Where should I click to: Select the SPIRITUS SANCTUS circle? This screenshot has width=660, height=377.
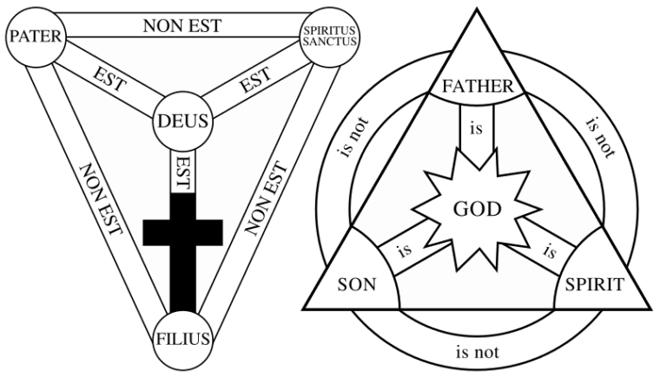[331, 37]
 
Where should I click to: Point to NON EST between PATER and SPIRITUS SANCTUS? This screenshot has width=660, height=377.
[181, 24]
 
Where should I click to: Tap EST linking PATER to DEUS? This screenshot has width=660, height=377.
[110, 82]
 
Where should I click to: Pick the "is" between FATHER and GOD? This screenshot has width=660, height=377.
[475, 129]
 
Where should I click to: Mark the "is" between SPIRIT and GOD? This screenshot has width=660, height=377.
[549, 251]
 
